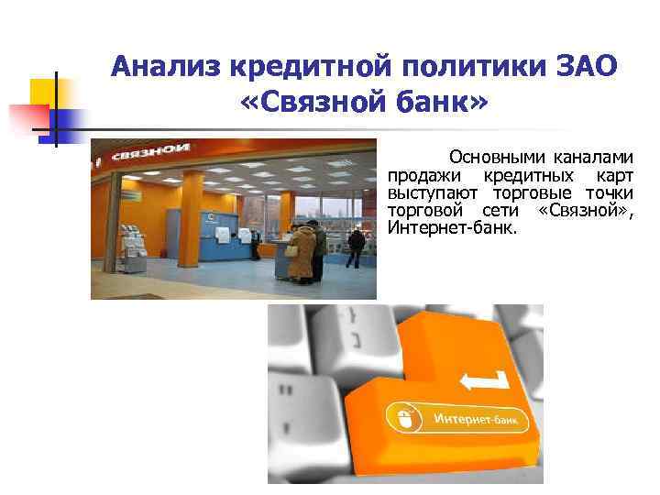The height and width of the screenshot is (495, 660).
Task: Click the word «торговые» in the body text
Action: click(535, 193)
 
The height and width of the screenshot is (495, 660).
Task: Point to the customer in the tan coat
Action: click(302, 253)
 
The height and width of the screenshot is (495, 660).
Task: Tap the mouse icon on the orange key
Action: click(404, 419)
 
